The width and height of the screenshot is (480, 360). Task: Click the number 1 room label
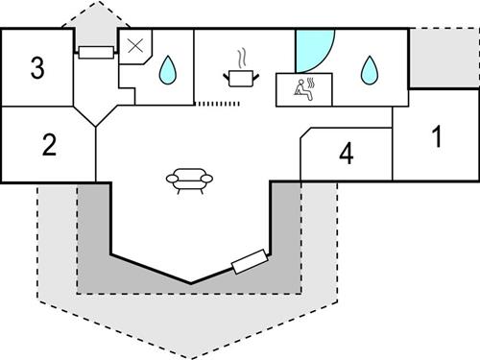tap(436, 137)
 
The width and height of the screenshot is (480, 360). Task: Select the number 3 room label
tap(37, 68)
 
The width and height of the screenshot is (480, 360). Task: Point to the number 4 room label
tap(346, 154)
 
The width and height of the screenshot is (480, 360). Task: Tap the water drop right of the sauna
tap(368, 68)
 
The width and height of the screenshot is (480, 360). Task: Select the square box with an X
tap(135, 44)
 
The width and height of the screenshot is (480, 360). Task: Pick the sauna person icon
tap(305, 87)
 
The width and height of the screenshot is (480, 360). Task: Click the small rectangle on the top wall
tap(97, 53)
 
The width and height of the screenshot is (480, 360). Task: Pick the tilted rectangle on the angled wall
tap(250, 260)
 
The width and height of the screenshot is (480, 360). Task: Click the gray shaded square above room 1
tap(444, 58)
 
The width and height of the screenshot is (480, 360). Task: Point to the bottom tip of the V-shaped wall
tap(191, 282)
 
